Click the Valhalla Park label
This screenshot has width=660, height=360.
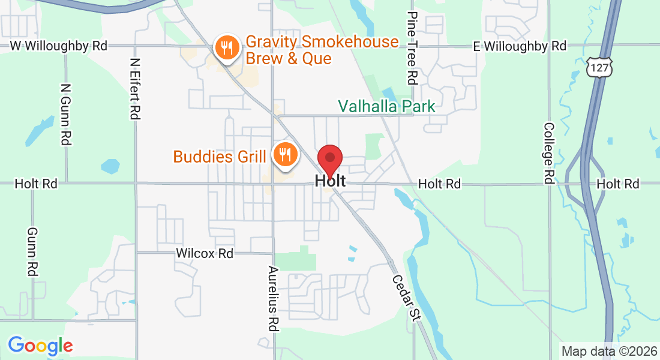tap(386, 107)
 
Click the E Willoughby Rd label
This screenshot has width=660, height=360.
tap(520, 46)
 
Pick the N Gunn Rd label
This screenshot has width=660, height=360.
tap(66, 114)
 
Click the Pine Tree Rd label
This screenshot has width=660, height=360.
tap(412, 48)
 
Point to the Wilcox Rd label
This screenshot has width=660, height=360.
tap(205, 253)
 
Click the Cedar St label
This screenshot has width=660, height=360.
tap(404, 298)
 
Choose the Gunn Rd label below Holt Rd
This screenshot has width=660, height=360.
tap(32, 252)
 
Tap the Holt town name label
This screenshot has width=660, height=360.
tap(330, 181)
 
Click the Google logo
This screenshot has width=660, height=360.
tap(40, 346)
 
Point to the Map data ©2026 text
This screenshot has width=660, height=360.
tap(608, 351)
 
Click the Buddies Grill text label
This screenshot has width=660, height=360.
tap(220, 157)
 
